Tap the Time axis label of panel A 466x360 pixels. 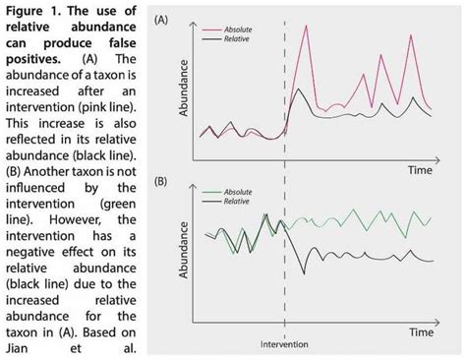pyautogui.click(x=422, y=169)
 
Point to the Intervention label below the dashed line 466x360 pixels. pyautogui.click(x=285, y=346)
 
